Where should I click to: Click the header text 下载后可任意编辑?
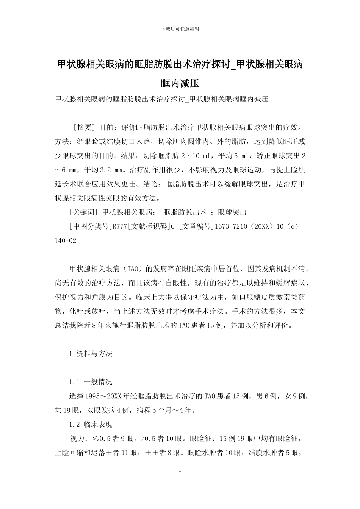[x=180, y=28]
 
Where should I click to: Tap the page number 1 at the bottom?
[x=180, y=470]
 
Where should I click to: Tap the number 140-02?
[x=66, y=240]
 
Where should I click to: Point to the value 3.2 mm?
[x=107, y=169]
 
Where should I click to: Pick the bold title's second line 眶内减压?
[x=180, y=83]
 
